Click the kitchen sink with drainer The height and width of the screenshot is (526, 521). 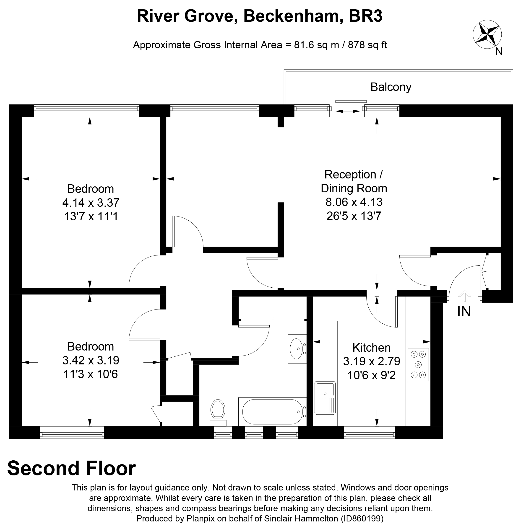325,398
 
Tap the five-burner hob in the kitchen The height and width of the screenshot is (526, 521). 418,364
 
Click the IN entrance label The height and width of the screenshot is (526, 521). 464,312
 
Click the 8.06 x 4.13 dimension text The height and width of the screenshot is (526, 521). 354,202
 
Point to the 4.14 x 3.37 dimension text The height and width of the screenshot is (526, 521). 91,203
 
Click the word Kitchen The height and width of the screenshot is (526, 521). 371,348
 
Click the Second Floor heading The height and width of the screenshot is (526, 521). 71,468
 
